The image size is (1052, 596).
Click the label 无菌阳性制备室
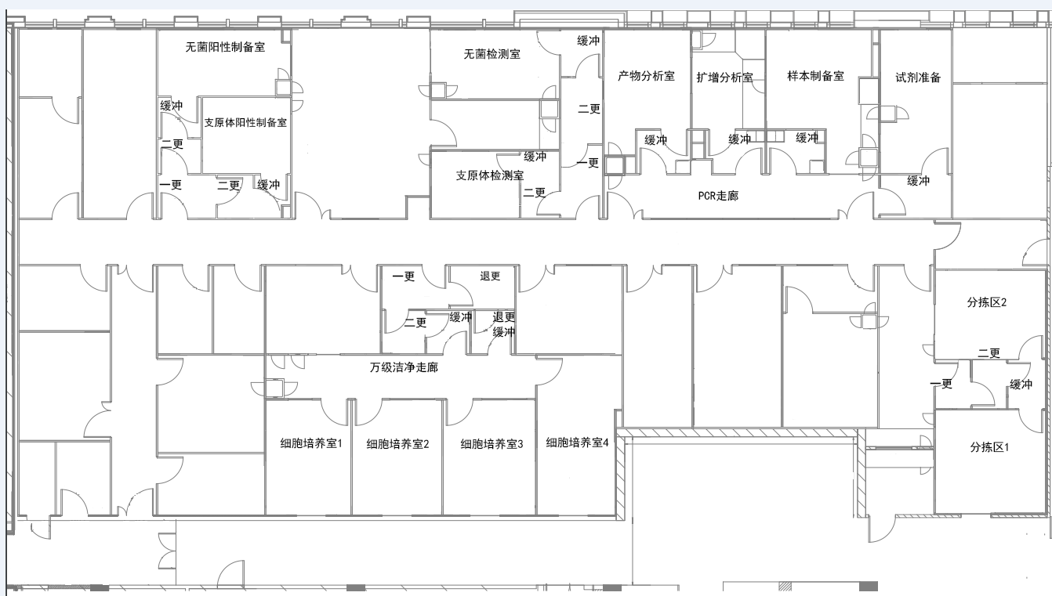(225, 47)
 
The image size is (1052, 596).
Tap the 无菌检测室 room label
(492, 55)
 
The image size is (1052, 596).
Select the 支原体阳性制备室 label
(245, 122)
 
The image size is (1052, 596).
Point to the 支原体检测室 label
(490, 175)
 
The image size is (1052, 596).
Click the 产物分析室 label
(646, 76)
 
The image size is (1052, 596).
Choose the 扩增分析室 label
(724, 78)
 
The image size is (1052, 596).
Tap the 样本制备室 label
(816, 76)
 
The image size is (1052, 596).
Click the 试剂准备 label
(918, 78)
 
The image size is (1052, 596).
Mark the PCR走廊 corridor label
(718, 196)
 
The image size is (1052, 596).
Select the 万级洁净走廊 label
(404, 367)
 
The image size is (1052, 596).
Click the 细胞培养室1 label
(311, 443)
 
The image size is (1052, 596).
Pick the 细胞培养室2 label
(397, 444)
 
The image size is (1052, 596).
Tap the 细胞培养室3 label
(492, 444)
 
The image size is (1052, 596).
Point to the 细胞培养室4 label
(577, 442)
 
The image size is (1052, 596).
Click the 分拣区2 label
(987, 302)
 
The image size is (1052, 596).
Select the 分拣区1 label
(989, 447)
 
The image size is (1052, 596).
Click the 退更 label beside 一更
(490, 276)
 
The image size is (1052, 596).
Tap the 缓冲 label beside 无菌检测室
(589, 41)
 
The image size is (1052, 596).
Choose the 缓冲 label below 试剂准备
(918, 181)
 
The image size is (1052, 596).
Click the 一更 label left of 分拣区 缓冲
(941, 384)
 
